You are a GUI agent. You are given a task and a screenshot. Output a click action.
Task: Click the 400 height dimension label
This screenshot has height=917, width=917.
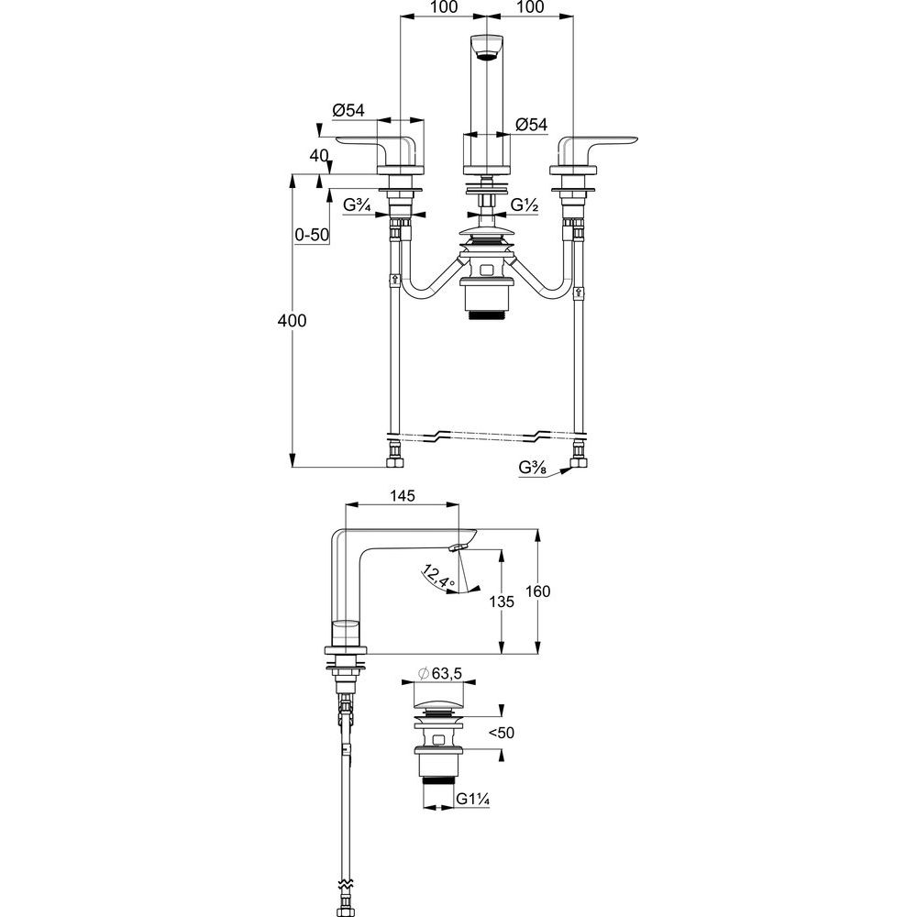(293, 320)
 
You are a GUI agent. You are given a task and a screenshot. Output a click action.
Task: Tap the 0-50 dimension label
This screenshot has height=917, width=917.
(312, 234)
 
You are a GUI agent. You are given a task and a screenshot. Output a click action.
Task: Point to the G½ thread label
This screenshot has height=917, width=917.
(525, 205)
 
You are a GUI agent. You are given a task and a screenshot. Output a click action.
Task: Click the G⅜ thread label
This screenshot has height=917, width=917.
(531, 468)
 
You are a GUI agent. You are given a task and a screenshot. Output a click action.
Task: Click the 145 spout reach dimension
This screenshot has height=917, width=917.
(403, 495)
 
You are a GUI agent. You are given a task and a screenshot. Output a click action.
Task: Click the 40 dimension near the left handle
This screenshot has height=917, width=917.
(319, 156)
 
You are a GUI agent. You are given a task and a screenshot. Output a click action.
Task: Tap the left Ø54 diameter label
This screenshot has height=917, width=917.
(348, 109)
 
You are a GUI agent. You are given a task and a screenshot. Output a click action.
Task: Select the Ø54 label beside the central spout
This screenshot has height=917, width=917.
(531, 124)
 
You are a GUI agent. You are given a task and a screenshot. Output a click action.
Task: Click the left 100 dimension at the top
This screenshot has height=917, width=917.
(443, 7)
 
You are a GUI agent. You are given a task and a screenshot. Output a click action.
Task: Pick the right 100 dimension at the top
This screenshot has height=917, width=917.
(529, 7)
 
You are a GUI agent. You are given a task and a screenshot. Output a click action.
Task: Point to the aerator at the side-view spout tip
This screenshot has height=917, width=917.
(458, 547)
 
